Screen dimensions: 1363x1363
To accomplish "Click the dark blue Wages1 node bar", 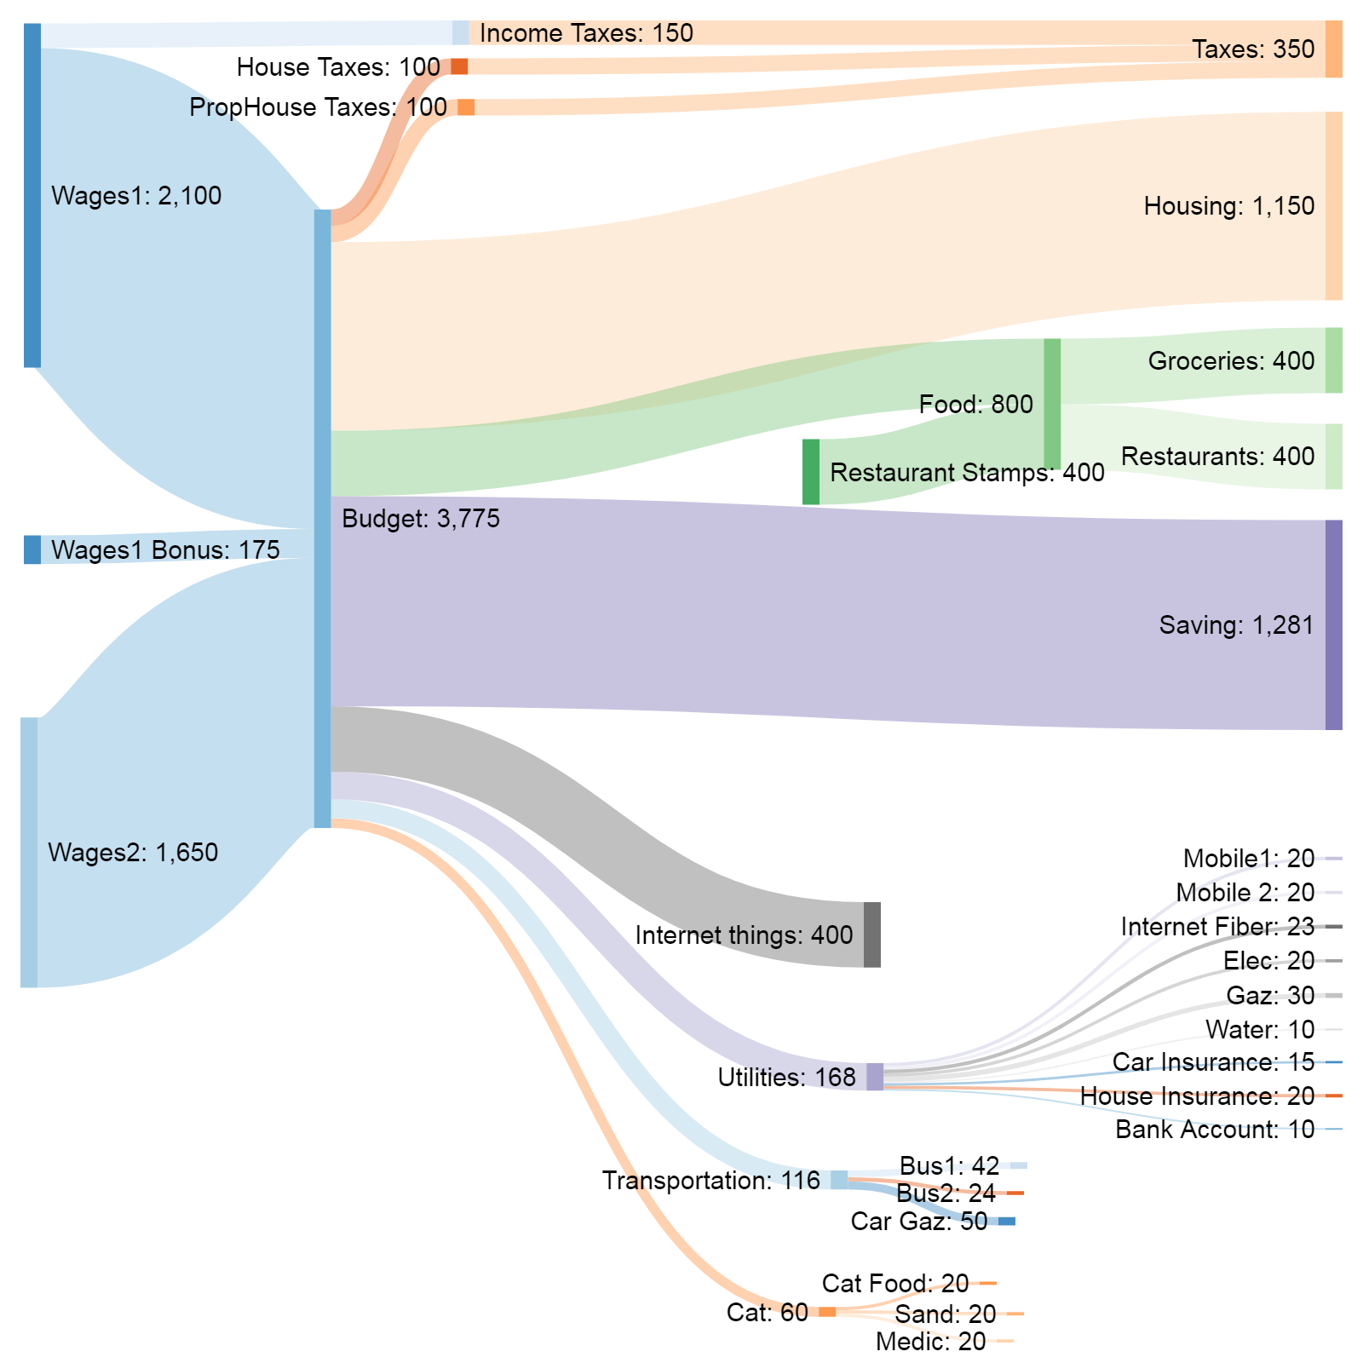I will (32, 195).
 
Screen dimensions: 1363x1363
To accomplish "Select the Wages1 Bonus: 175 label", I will (165, 550).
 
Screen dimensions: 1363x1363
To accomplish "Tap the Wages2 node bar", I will (29, 852).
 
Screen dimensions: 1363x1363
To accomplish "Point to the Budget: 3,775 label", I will (421, 519).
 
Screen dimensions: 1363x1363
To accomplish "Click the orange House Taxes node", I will (459, 66).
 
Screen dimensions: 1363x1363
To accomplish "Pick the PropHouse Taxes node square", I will (466, 106).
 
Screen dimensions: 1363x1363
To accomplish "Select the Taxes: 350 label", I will (1252, 49).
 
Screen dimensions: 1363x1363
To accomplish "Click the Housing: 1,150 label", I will (1228, 206).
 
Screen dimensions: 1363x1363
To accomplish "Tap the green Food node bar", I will (1052, 403).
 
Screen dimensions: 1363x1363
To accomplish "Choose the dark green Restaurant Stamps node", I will (811, 472).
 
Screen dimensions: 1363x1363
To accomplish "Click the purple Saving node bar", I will (1333, 624).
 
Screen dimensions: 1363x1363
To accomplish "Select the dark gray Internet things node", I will (872, 935).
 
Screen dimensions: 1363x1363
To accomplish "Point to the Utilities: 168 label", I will (786, 1078).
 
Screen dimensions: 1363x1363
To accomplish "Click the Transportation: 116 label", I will (710, 1181).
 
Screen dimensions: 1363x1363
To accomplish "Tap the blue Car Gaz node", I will (1007, 1222).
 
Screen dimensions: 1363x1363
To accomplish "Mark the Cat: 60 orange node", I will (827, 1312).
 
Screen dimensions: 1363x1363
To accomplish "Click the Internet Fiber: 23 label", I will (1217, 927).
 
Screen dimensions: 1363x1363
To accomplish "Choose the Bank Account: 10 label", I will (1215, 1130).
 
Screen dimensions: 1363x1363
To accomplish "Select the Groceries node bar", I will (1333, 360).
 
